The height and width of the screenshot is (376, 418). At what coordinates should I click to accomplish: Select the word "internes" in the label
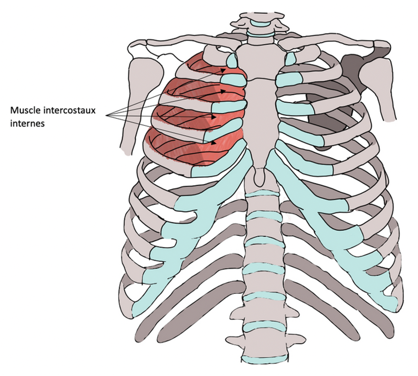(27, 123)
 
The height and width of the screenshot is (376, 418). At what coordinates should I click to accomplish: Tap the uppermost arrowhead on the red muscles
(223, 70)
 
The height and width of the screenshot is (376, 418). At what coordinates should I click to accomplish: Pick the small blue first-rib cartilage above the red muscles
(232, 61)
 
